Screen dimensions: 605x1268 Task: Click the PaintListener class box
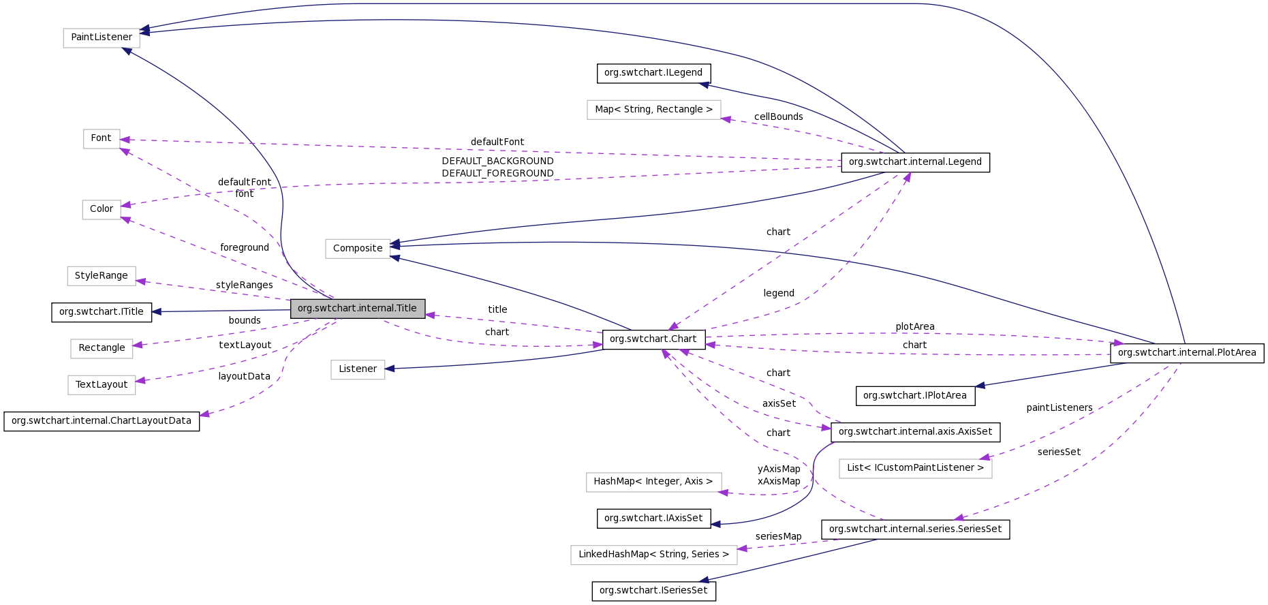click(x=102, y=37)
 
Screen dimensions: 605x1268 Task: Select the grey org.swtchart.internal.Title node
click(x=358, y=309)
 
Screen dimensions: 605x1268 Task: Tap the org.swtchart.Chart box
click(x=653, y=339)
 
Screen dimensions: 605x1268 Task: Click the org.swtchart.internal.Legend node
click(x=915, y=162)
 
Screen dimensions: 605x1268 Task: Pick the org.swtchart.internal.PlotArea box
click(x=1186, y=353)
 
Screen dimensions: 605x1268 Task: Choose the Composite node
click(x=358, y=249)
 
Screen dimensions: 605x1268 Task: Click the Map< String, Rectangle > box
click(x=653, y=110)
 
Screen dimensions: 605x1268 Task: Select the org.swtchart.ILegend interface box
click(x=653, y=73)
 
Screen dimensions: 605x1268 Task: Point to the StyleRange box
click(x=102, y=276)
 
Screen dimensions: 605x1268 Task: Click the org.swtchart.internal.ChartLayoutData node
click(x=102, y=421)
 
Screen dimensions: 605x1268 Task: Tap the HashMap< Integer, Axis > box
click(x=653, y=482)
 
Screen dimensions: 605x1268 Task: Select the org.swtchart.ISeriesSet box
click(x=653, y=591)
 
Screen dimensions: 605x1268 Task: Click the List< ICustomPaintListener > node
click(x=915, y=468)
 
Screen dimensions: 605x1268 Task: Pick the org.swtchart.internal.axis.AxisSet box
click(x=915, y=432)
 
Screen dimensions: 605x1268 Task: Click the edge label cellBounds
click(x=778, y=117)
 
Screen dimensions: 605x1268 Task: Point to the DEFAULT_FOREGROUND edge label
click(x=497, y=174)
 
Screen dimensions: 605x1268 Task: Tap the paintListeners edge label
click(x=1059, y=408)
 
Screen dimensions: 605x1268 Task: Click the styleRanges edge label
click(x=244, y=285)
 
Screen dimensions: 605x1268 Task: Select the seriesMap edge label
click(x=778, y=537)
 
